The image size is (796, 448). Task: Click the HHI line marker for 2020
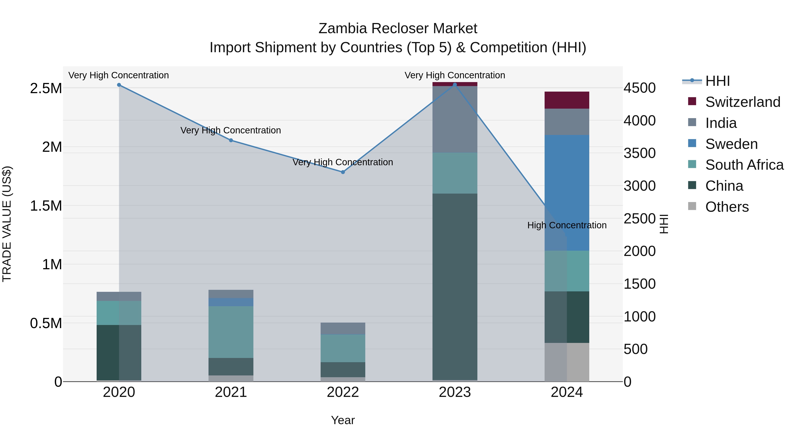119,85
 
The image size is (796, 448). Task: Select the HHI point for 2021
231,140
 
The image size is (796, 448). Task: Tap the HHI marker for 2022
343,172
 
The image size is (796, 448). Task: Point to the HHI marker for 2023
455,85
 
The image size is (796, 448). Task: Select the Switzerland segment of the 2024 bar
567,100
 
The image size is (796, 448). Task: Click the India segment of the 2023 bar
455,119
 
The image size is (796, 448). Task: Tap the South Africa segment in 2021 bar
231,332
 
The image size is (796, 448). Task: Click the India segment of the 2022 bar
343,328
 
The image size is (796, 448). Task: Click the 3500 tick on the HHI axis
639,153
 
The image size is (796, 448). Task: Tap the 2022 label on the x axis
343,392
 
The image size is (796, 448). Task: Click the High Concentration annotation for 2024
567,225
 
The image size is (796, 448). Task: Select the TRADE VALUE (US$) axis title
7,224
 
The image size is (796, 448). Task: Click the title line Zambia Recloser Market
398,29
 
